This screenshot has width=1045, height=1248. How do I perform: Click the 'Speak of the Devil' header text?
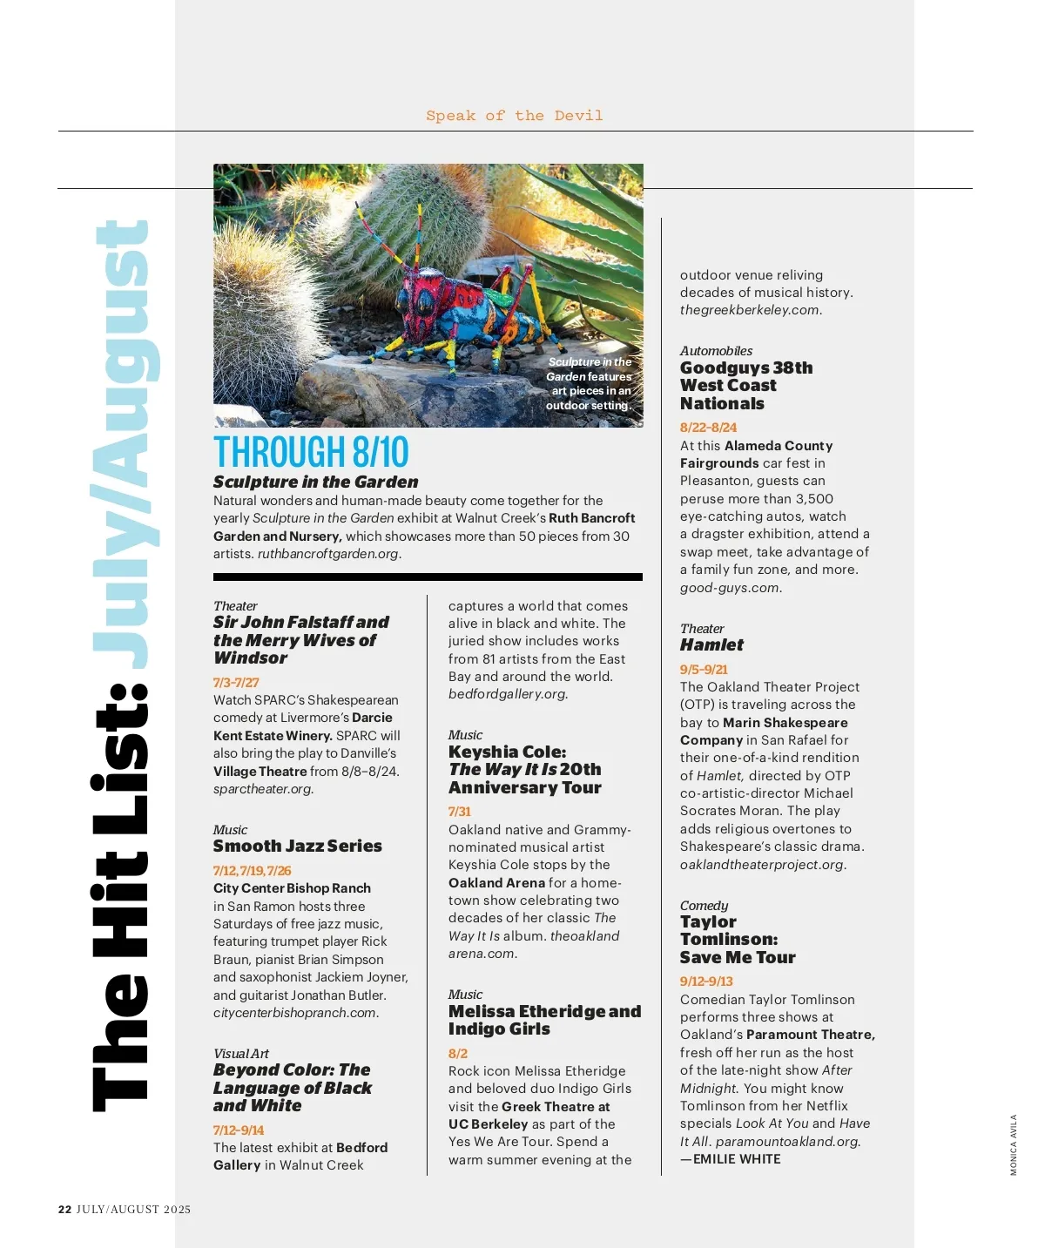pos(514,116)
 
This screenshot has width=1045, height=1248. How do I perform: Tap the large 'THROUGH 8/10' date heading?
pos(311,452)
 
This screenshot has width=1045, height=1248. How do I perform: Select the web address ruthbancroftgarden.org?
pos(328,554)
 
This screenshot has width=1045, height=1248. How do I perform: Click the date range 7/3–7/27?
pos(236,683)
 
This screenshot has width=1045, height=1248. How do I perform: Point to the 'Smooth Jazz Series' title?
pos(298,846)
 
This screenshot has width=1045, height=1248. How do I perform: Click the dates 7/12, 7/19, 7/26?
pos(253,871)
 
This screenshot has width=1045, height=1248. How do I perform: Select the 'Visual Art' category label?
pos(241,1054)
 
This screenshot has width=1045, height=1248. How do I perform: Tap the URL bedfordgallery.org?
pos(508,694)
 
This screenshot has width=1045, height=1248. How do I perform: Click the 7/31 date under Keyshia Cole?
pos(460,812)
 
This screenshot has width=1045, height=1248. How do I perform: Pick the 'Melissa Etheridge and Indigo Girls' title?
pos(544,1020)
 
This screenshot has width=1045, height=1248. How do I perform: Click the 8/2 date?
pos(458,1054)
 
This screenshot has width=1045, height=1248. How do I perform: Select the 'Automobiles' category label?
pos(716,351)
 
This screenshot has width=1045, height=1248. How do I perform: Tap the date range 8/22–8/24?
pos(708,428)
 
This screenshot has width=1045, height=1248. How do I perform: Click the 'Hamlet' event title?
pos(711,644)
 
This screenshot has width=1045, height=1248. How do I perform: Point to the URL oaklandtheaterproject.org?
pos(763,865)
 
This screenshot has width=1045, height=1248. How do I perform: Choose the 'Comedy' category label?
pos(704,906)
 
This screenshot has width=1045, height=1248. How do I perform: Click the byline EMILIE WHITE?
pos(736,1159)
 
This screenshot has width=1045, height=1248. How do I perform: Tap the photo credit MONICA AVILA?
pos(1014,1144)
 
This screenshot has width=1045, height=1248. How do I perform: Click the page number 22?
pos(64,1209)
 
